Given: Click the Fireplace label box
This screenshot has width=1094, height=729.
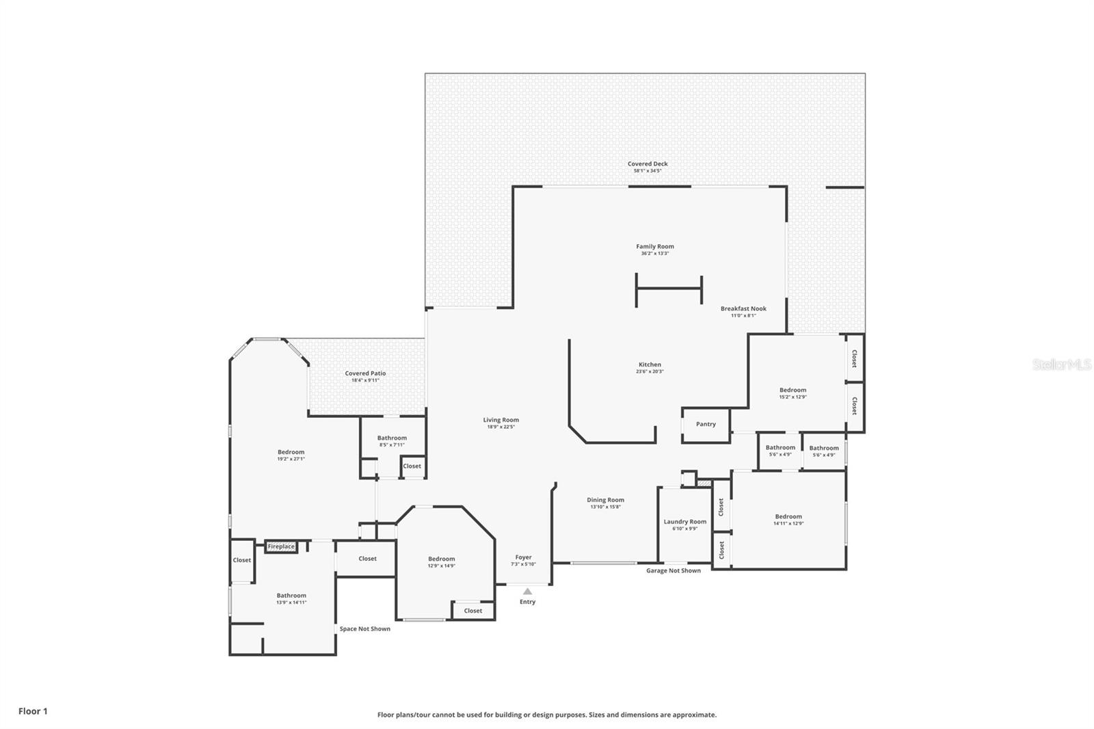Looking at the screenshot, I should [281, 546].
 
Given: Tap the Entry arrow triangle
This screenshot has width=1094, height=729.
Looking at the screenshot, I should [527, 592].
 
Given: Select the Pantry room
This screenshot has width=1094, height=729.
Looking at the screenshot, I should [706, 425].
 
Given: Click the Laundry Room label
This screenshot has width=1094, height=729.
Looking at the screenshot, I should [684, 522].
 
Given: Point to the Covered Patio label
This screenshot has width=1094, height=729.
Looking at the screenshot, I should [365, 373].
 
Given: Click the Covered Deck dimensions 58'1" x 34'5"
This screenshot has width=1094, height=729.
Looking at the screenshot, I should [648, 171].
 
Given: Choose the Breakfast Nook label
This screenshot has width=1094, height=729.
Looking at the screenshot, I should [743, 308].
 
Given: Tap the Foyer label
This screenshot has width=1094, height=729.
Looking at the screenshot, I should [523, 557].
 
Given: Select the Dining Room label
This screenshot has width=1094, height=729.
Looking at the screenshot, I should [605, 500].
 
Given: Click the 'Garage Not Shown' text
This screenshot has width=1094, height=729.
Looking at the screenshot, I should [673, 570].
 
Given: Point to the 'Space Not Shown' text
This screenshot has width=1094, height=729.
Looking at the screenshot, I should [365, 628].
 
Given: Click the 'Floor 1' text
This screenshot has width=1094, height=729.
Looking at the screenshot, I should [33, 711].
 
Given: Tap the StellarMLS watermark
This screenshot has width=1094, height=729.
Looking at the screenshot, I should [1061, 364].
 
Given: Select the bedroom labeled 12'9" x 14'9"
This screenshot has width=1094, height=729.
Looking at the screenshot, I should [441, 562].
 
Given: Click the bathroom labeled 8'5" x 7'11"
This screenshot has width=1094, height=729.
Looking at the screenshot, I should [392, 441].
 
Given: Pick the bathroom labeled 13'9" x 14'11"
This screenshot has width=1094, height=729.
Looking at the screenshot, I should [291, 599].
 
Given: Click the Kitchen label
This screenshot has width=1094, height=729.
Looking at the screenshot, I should [650, 364].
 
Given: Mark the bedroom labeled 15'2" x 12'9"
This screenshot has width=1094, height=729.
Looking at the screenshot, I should [792, 393].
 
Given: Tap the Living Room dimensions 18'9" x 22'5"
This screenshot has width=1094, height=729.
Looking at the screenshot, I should [501, 427].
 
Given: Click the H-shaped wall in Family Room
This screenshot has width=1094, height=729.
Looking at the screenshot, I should [669, 289].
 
